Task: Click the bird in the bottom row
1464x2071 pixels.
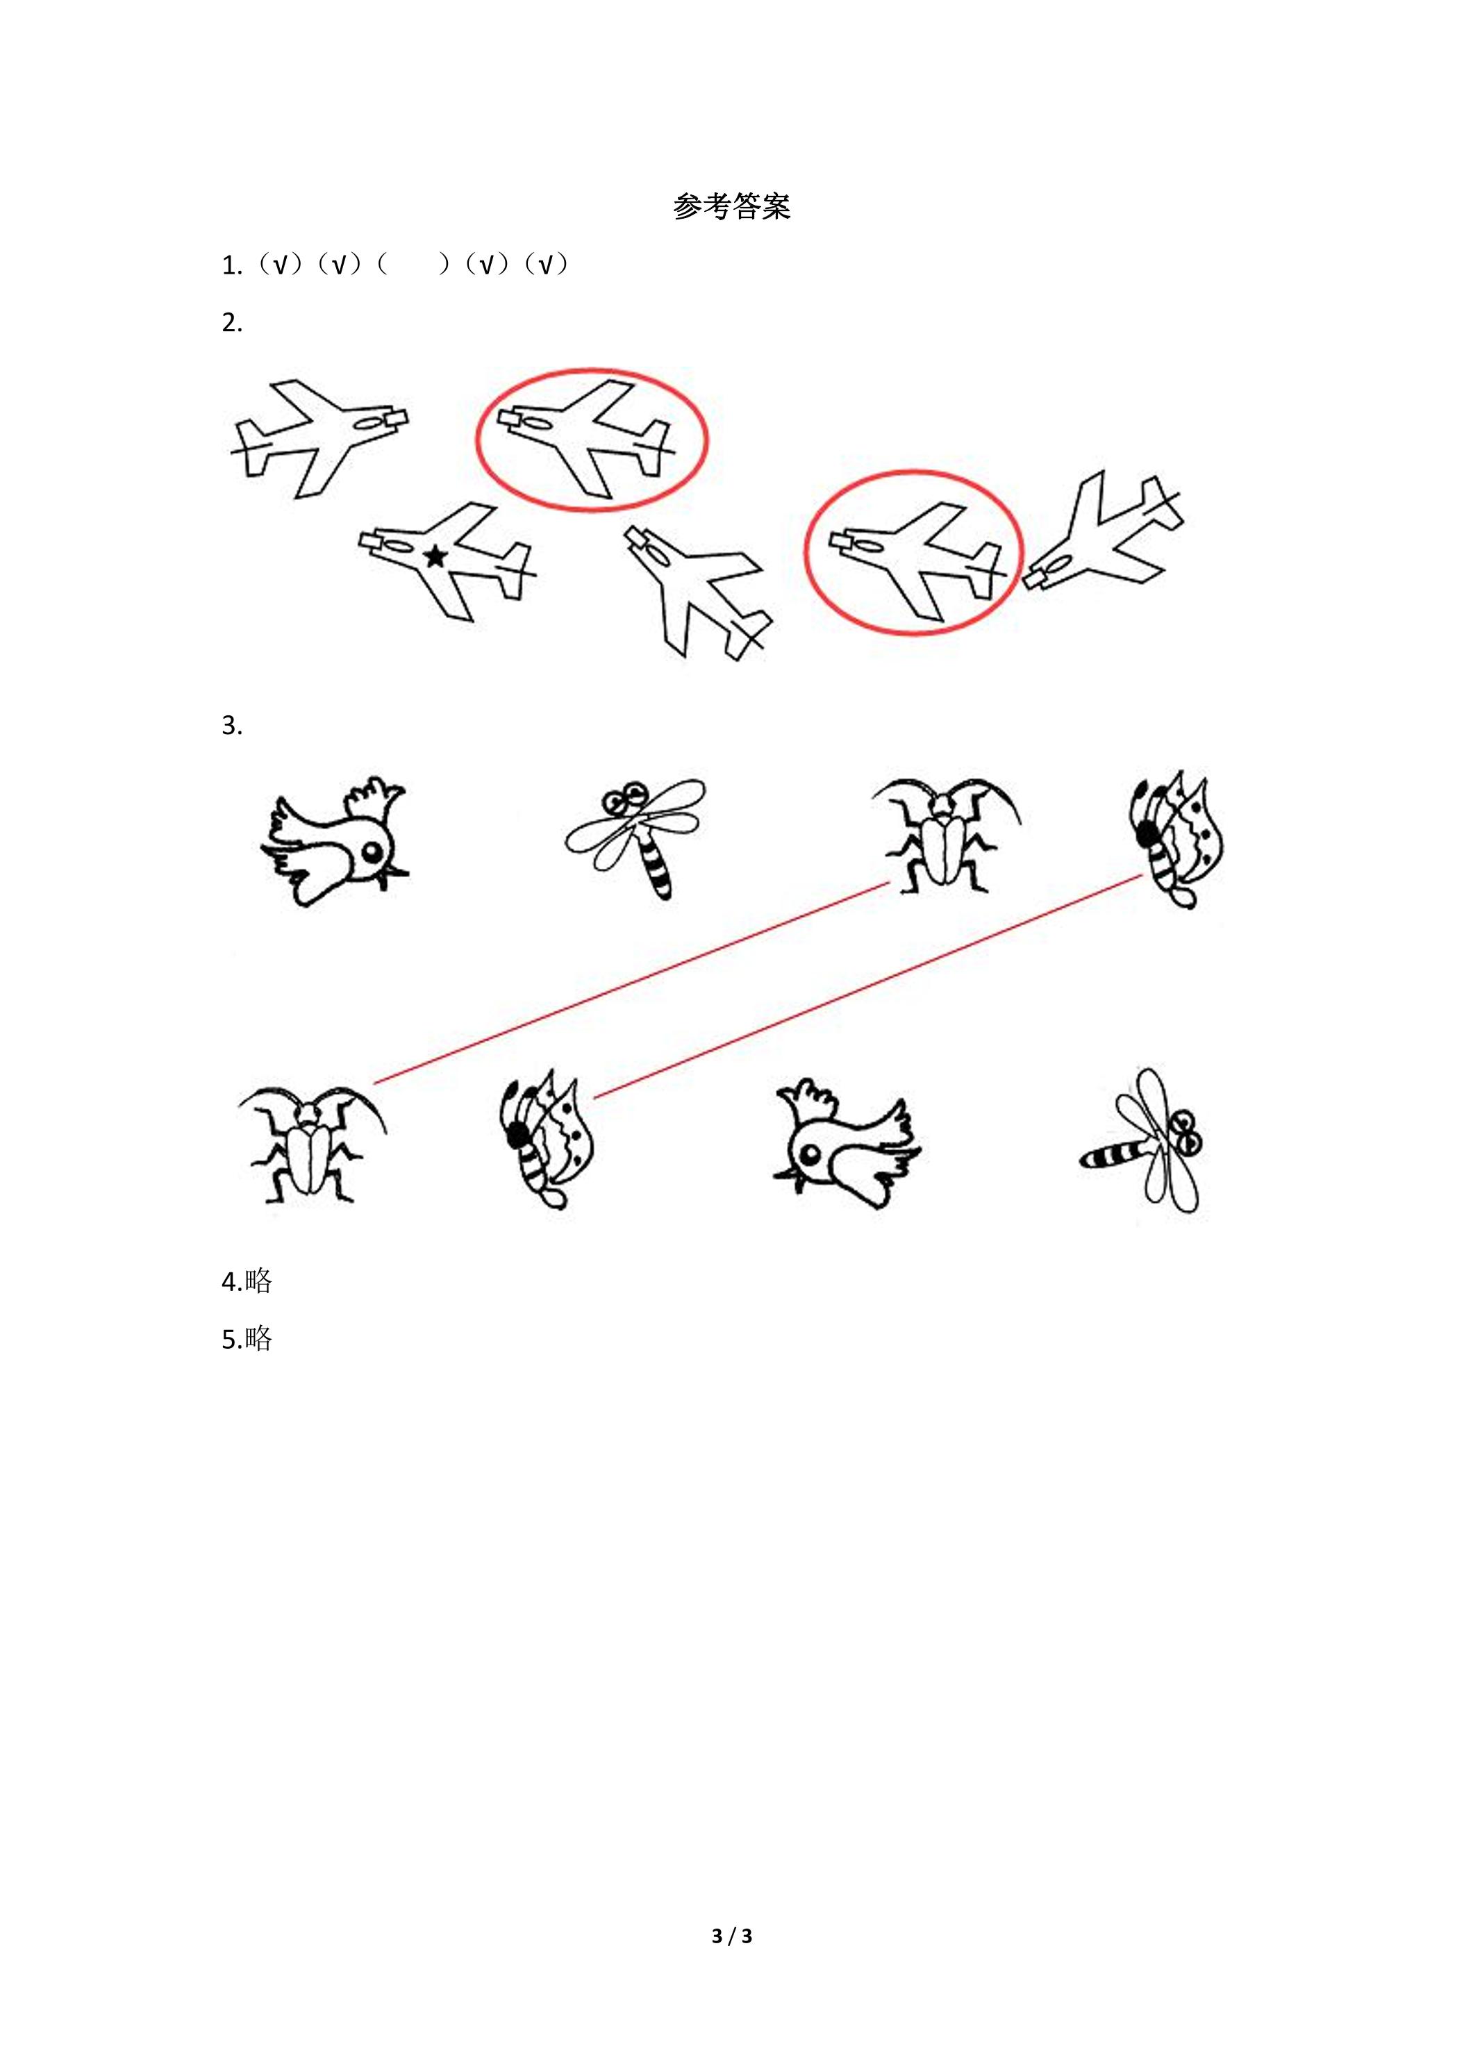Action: coord(847,1143)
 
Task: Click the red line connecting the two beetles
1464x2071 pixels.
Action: coord(631,983)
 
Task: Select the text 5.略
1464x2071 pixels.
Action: coord(247,1338)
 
